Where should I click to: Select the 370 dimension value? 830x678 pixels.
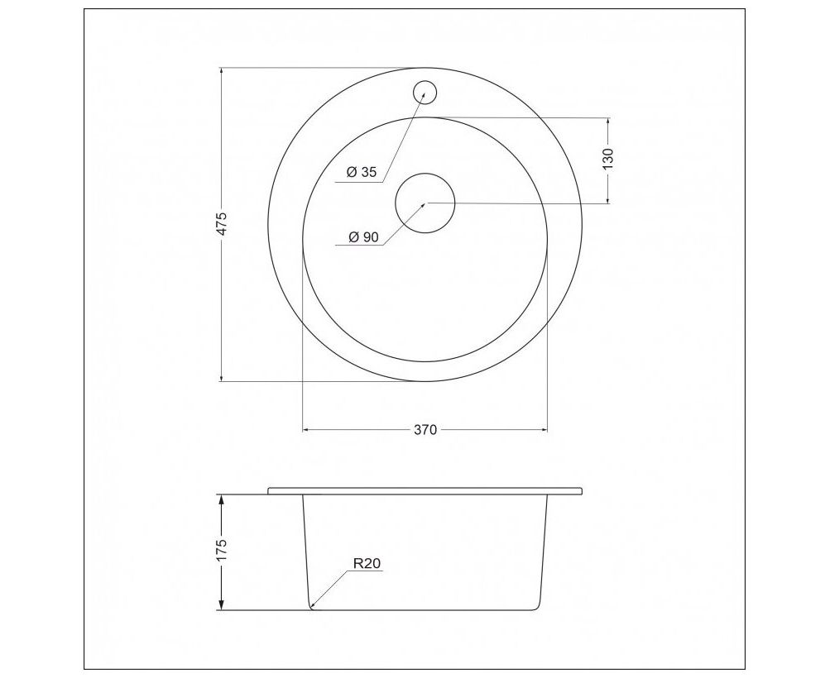(x=425, y=430)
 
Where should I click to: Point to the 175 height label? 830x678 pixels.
(x=222, y=550)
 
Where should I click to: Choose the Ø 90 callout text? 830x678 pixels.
(x=363, y=237)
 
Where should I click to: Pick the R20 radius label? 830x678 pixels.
(x=367, y=564)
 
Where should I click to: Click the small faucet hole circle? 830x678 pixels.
(x=425, y=92)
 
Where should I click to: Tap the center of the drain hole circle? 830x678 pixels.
(x=425, y=203)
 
